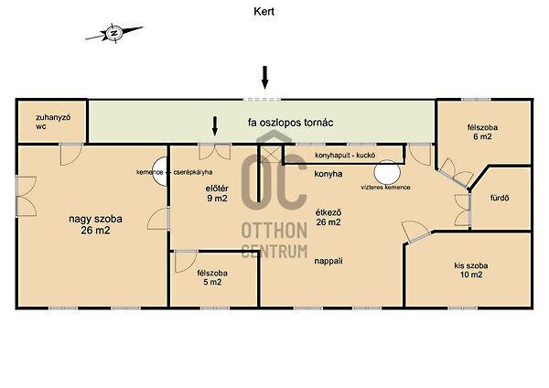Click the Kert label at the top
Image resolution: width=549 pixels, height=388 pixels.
click(x=264, y=12)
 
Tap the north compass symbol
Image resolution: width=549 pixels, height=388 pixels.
click(x=114, y=34)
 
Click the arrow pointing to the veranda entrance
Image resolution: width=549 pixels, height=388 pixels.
click(x=265, y=78)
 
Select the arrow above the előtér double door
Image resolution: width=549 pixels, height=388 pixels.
click(x=215, y=125)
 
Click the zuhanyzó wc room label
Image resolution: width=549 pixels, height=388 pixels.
click(x=53, y=122)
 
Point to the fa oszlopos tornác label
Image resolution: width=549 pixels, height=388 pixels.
click(x=290, y=123)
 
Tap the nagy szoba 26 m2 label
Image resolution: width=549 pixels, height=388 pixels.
click(x=95, y=224)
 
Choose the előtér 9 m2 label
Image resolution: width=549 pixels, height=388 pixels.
click(x=217, y=193)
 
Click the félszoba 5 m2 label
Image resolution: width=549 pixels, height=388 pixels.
click(x=212, y=277)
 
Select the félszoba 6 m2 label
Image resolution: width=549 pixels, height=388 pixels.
click(x=482, y=132)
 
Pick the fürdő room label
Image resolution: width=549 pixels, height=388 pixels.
click(x=500, y=198)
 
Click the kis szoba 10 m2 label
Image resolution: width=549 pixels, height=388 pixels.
click(x=471, y=270)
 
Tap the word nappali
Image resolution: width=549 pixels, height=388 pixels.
click(x=328, y=261)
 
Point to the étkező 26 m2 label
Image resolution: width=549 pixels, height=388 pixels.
click(x=328, y=217)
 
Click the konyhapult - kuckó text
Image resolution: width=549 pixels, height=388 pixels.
click(x=345, y=156)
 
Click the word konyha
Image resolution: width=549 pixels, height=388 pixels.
click(x=328, y=174)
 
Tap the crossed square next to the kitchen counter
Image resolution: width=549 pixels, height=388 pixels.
click(x=270, y=154)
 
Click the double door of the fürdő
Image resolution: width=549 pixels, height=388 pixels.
click(x=462, y=210)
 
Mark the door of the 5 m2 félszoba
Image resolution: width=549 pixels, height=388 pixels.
click(x=186, y=261)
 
